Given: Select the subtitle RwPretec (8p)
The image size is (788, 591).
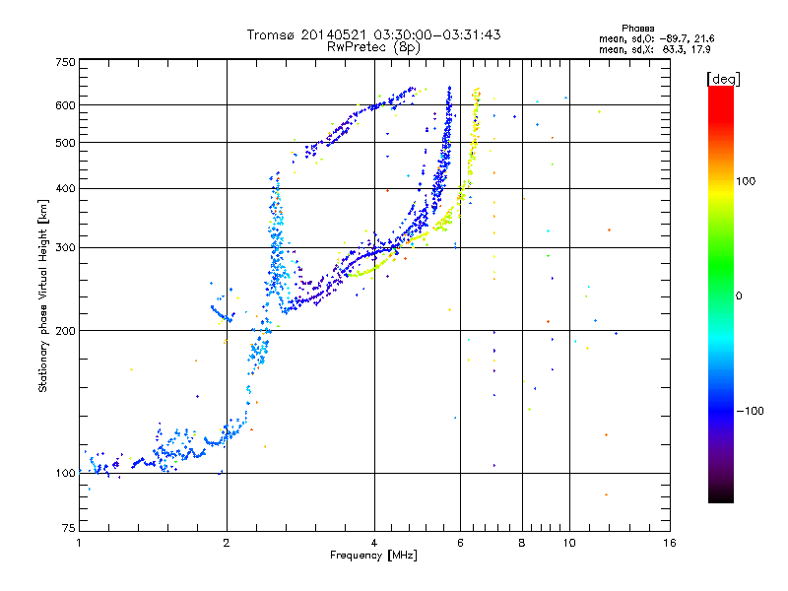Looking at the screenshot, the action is point(374,47).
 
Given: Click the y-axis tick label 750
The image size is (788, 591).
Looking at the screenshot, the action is point(65,62).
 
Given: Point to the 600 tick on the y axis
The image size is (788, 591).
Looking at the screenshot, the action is point(65,105).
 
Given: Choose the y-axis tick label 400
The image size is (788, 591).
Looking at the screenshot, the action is point(65,189).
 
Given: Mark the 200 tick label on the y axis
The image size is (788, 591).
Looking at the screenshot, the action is point(65,331).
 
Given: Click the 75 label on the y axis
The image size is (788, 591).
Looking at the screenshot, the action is point(69,528).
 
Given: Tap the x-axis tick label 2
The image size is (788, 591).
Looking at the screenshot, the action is point(227,543).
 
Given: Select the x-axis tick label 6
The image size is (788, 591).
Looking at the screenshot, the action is point(460,543).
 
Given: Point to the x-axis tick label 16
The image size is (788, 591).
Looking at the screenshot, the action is point(670,543).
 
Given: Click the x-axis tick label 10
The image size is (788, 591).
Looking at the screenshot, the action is point(569,543).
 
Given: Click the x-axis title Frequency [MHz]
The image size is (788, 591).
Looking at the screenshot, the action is point(373,556).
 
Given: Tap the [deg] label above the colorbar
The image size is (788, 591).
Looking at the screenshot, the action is point(723,79).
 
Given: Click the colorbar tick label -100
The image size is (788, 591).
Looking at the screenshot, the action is point(750,411).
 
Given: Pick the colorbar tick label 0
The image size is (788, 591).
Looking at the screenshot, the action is point(739,296).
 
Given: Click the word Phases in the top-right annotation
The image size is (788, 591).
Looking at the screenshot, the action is point(637,29).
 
